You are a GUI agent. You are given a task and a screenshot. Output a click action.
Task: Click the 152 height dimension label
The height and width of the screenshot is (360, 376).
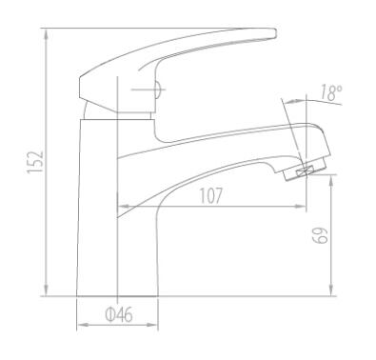[35, 162]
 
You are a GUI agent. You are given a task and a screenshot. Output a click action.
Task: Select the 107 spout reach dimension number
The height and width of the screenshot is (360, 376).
[211, 195]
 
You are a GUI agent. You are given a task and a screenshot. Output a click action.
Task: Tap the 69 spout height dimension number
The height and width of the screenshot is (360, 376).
[320, 235]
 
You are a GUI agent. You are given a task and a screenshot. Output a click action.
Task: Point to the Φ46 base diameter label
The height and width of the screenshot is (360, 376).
[119, 315]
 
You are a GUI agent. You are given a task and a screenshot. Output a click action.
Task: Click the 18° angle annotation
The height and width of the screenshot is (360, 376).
[330, 92]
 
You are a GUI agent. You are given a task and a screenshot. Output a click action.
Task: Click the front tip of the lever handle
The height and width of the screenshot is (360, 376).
[275, 33]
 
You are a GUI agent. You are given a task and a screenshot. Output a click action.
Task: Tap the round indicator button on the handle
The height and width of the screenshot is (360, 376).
[158, 90]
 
